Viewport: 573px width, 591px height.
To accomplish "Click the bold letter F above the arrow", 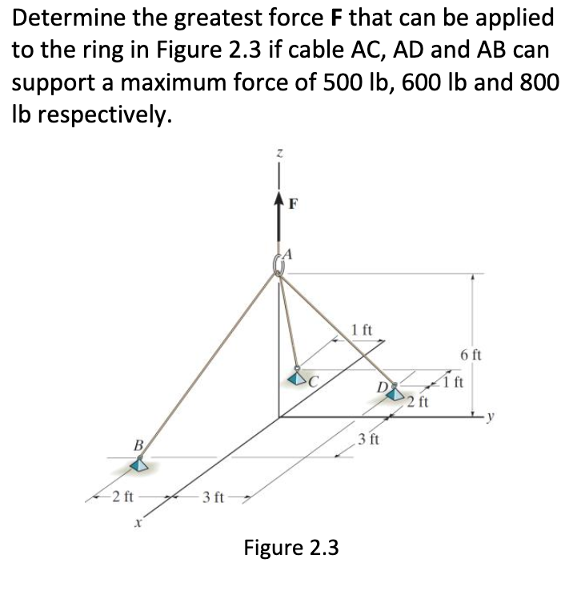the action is pyautogui.click(x=295, y=203).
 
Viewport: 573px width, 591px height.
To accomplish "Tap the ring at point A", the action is pyautogui.click(x=280, y=263).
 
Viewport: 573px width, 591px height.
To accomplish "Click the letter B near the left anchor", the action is pyautogui.click(x=138, y=444).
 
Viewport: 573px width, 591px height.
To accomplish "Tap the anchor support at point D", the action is pyautogui.click(x=393, y=392).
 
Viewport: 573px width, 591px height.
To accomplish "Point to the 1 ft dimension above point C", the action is pyautogui.click(x=362, y=328).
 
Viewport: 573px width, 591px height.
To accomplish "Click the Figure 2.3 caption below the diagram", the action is pyautogui.click(x=291, y=548).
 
